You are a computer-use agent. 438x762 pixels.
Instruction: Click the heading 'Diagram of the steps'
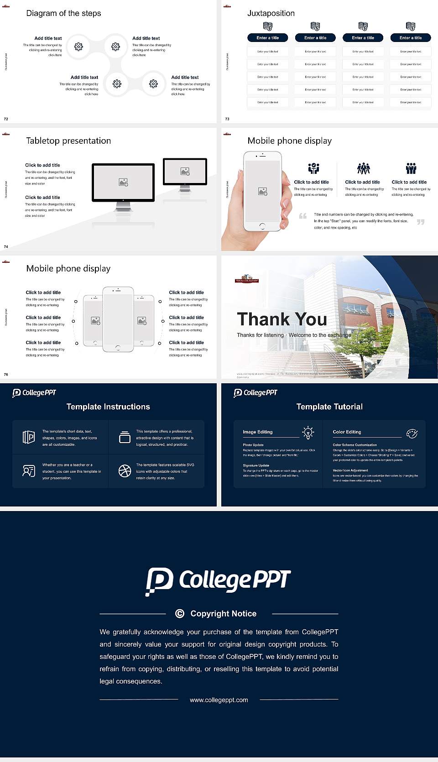pyautogui.click(x=63, y=13)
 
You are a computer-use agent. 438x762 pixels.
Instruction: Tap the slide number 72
pyautogui.click(x=6, y=119)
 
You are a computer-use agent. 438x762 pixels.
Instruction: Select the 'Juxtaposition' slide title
pyautogui.click(x=271, y=13)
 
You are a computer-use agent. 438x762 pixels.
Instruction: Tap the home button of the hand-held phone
pyautogui.click(x=262, y=226)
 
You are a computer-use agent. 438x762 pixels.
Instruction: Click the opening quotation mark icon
pyautogui.click(x=302, y=216)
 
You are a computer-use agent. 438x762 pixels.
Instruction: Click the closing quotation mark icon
pyautogui.click(x=420, y=222)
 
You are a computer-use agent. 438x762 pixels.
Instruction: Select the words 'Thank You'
pyautogui.click(x=282, y=319)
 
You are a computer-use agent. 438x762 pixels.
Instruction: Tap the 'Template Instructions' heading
pyautogui.click(x=108, y=407)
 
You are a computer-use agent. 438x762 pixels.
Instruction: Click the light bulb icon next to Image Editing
pyautogui.click(x=308, y=433)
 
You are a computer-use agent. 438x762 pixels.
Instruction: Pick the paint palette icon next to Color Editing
pyautogui.click(x=412, y=433)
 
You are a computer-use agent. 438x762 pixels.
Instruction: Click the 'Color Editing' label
pyautogui.click(x=347, y=432)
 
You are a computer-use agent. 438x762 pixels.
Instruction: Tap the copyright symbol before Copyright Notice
pyautogui.click(x=180, y=614)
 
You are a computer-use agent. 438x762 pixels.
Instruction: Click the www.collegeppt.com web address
pyautogui.click(x=219, y=700)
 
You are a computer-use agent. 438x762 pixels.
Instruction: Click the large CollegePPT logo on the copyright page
pyautogui.click(x=218, y=580)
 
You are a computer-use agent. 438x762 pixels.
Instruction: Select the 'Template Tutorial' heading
pyautogui.click(x=329, y=407)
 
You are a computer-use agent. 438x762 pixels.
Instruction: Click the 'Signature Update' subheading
pyautogui.click(x=256, y=465)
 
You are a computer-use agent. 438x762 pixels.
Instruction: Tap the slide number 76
pyautogui.click(x=6, y=374)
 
